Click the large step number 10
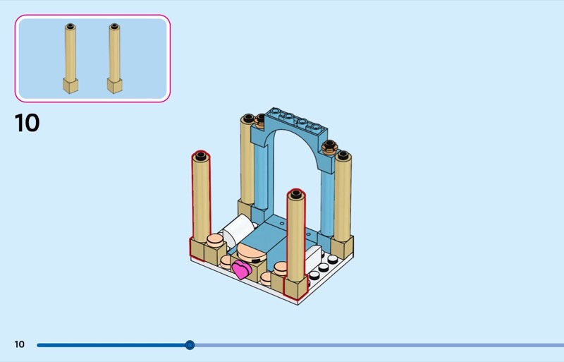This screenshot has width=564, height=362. [x=27, y=123]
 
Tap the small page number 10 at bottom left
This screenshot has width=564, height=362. [x=19, y=344]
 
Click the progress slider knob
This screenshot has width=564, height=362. [x=190, y=345]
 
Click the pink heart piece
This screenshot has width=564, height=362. [x=243, y=269]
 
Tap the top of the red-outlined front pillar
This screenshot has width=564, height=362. [x=296, y=195]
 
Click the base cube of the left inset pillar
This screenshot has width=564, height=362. [x=70, y=85]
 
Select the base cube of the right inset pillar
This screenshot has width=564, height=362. [x=114, y=85]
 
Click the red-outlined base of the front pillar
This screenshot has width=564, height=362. [x=295, y=285]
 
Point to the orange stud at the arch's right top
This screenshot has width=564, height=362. [x=327, y=147]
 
